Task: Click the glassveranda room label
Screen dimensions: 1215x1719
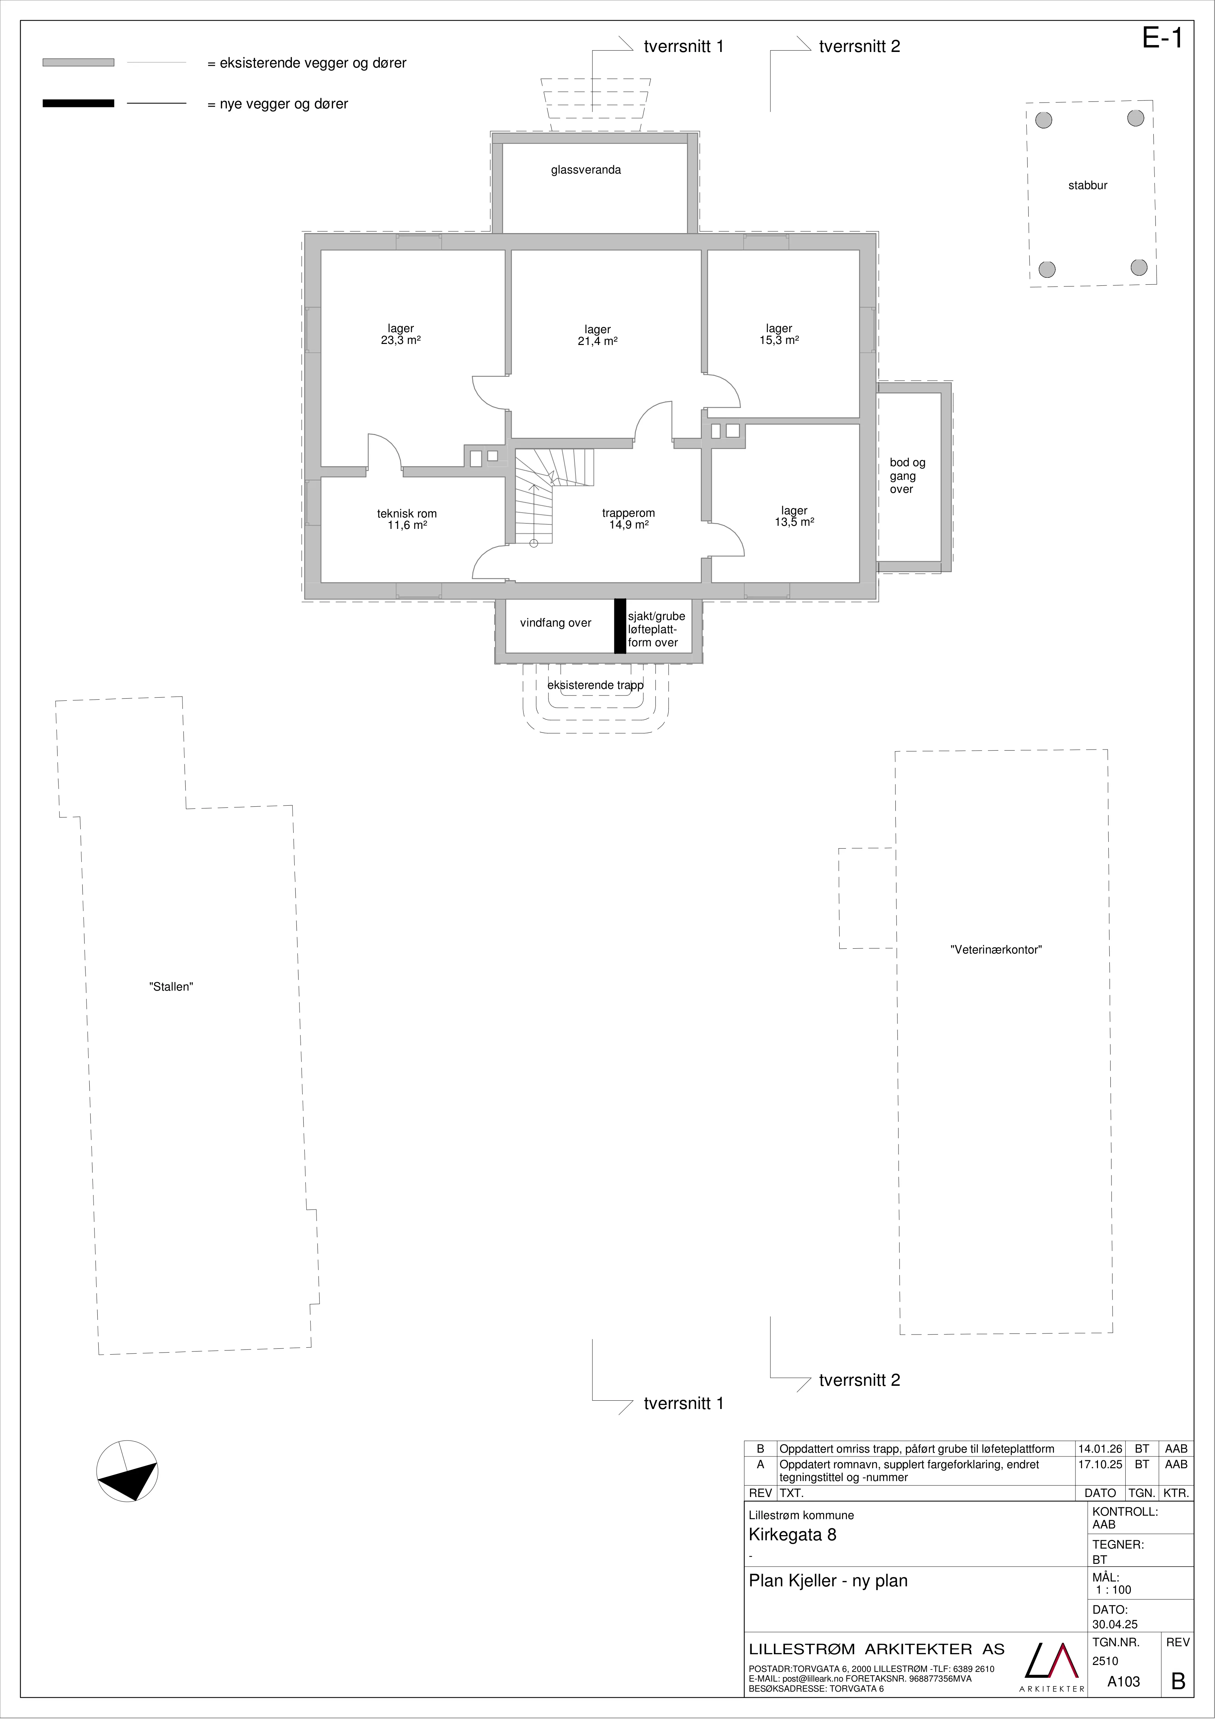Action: tap(586, 170)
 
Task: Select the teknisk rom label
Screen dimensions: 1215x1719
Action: tap(407, 514)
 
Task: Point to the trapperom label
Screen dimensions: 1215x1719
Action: tap(629, 514)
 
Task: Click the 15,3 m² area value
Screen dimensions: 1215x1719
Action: tap(779, 340)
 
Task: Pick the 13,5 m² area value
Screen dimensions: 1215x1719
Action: tap(794, 523)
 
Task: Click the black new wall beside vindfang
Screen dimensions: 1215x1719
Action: tap(620, 626)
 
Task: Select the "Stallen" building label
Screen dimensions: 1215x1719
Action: tap(171, 987)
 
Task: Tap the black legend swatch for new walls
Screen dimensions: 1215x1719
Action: tap(79, 103)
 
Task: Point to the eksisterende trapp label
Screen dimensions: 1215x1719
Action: tap(596, 685)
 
